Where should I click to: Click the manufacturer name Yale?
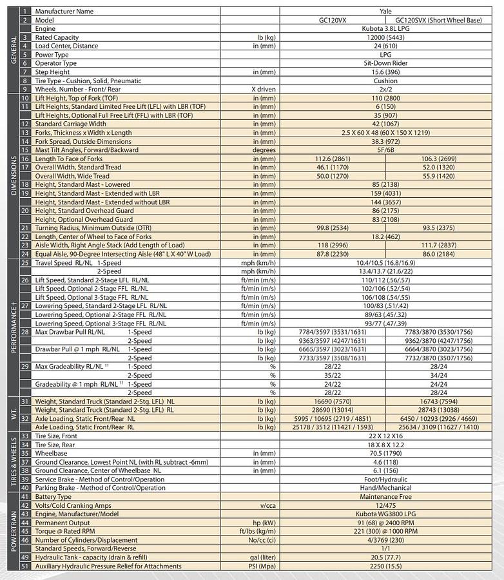click(386, 12)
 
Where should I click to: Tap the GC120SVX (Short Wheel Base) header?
click(438, 21)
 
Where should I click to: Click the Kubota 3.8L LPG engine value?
click(386, 29)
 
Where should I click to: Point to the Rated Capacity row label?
click(57, 37)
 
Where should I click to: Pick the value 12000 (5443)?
click(386, 37)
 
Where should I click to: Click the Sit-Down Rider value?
click(386, 63)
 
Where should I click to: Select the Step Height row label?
click(52, 72)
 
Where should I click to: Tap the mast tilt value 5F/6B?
click(386, 150)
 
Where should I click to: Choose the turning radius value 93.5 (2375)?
click(438, 227)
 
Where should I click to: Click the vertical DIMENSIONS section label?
click(14, 176)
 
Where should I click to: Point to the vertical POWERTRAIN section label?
click(14, 532)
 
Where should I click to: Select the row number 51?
click(25, 566)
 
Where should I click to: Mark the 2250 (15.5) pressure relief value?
click(386, 566)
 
